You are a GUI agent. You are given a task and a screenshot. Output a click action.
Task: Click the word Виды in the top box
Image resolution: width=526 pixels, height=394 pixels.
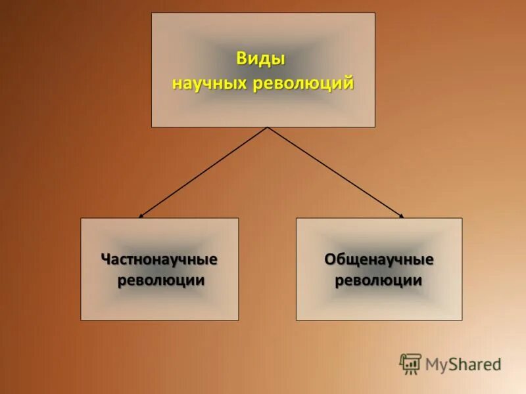click(x=260, y=58)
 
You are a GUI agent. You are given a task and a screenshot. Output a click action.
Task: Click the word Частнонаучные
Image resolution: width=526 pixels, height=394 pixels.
click(x=159, y=259)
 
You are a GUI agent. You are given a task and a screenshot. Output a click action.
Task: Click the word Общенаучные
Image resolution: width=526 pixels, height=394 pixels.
click(x=379, y=259)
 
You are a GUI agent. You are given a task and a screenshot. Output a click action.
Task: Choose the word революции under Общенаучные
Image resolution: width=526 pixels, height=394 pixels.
click(x=379, y=280)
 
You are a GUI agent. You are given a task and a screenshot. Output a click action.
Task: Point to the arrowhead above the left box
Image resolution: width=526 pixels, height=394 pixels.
click(x=141, y=215)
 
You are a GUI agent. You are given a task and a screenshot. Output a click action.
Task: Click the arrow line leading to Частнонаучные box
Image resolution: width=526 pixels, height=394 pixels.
click(x=204, y=171)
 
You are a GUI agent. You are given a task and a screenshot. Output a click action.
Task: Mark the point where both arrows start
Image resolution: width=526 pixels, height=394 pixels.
click(x=267, y=127)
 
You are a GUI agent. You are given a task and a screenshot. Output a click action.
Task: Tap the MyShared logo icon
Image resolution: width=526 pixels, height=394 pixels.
click(x=410, y=364)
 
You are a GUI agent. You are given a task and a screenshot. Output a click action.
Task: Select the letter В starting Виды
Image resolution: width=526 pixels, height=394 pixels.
click(x=241, y=58)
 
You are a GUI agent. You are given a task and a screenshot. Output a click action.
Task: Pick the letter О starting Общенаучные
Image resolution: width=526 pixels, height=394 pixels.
click(x=329, y=259)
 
